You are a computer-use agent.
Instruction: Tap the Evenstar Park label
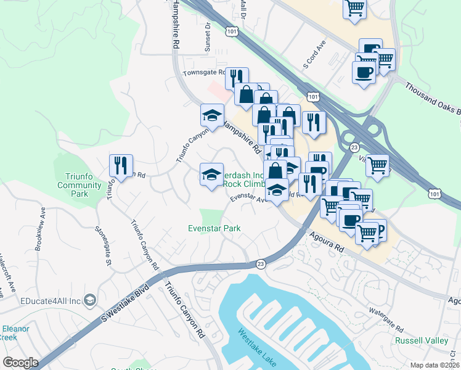[x=214, y=228]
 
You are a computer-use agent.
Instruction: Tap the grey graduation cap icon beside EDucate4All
[x=90, y=300]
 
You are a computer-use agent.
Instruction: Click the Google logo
[x=20, y=363]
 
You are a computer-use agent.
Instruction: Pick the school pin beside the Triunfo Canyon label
[x=212, y=115]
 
